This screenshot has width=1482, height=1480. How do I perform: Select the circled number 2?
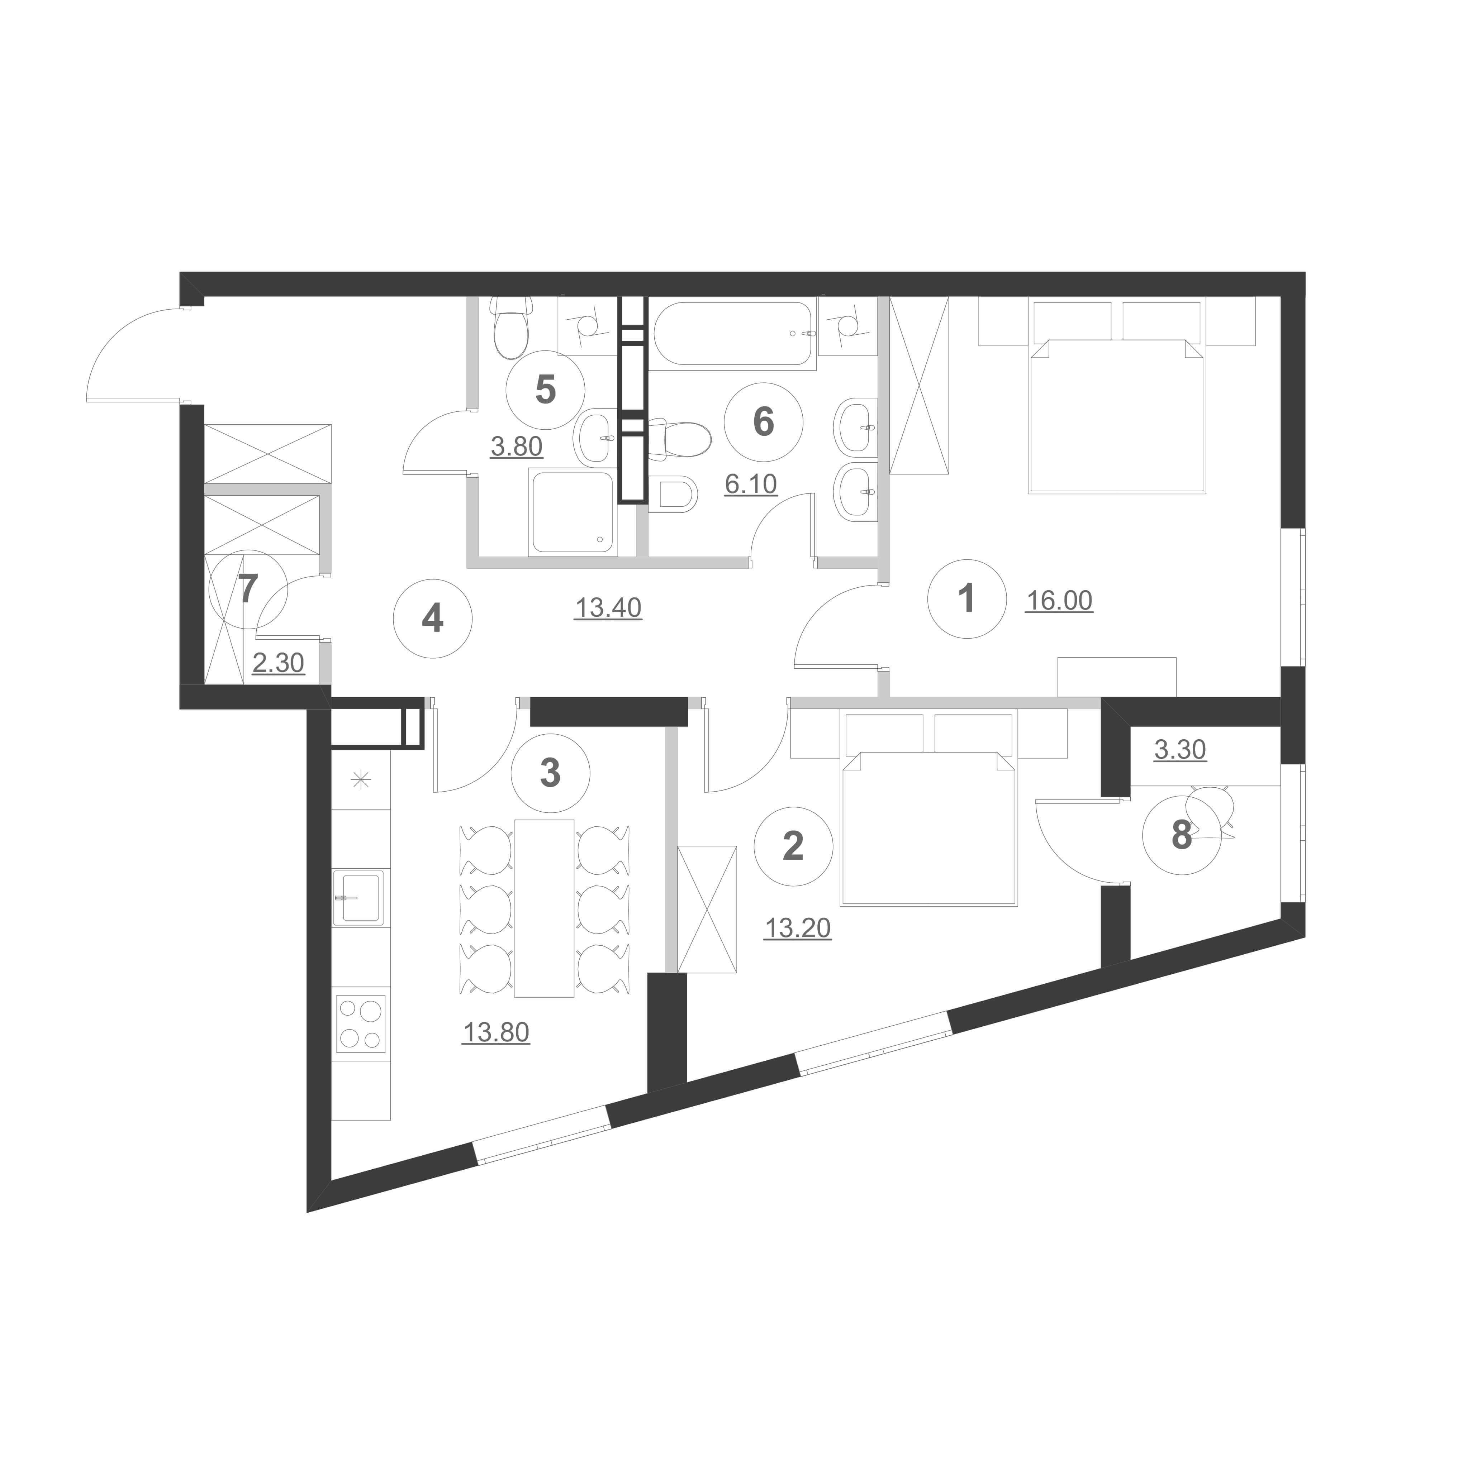[x=793, y=846]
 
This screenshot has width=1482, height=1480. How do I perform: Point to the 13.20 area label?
[x=798, y=928]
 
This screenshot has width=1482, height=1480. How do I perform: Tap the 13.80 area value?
[x=496, y=1033]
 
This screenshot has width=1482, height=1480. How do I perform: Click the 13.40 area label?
[x=608, y=608]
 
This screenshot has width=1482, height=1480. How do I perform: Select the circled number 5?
[x=545, y=390]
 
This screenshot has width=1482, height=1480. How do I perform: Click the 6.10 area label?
[x=751, y=484]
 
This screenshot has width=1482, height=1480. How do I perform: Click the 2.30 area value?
[x=279, y=663]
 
